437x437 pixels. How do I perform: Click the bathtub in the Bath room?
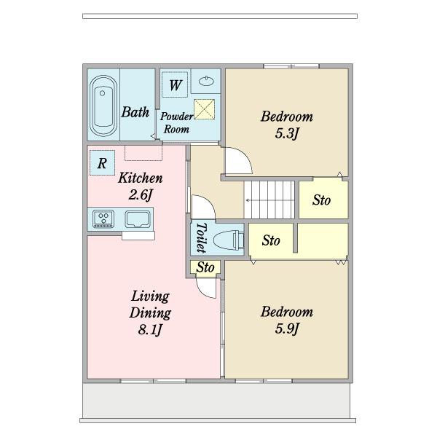(x=103, y=106)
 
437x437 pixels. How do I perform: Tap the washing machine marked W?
(x=175, y=84)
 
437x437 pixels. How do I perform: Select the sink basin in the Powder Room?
(x=206, y=81)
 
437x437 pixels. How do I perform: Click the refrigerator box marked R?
(x=102, y=162)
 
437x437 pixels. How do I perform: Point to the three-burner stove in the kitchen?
(x=103, y=219)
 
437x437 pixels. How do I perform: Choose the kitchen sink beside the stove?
(x=138, y=219)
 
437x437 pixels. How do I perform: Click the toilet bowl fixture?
(x=229, y=240)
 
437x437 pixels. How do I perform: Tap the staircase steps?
(x=269, y=200)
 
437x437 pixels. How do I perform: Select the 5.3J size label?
(x=287, y=133)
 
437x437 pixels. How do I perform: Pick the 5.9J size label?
(x=287, y=328)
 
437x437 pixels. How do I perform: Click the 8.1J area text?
(x=150, y=330)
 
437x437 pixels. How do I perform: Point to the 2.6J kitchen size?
(x=141, y=194)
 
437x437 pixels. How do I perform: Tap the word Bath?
(x=135, y=111)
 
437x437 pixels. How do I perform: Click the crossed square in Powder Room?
(x=204, y=109)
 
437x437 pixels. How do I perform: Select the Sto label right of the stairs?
(x=322, y=200)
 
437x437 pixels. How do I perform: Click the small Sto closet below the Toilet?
(x=205, y=267)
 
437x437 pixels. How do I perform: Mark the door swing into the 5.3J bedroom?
(x=239, y=160)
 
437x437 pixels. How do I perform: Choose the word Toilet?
(x=202, y=237)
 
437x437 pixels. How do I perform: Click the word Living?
(x=150, y=296)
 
